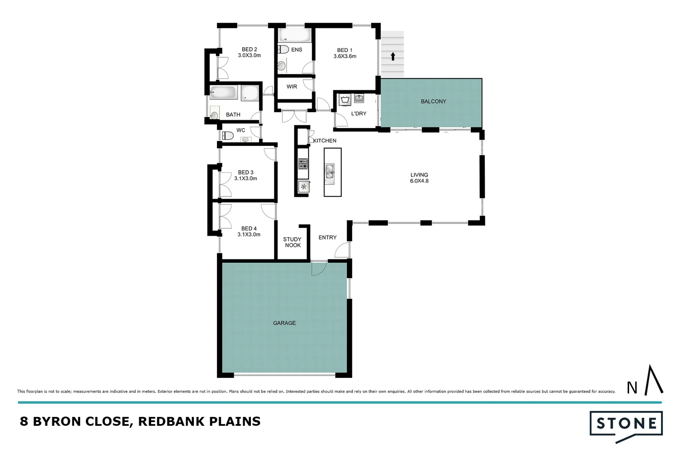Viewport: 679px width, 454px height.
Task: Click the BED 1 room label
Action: point(345,50)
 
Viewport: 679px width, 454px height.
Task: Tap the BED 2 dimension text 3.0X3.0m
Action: point(249,55)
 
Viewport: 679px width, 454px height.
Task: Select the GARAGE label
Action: point(285,323)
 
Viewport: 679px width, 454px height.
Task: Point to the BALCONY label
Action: point(434,101)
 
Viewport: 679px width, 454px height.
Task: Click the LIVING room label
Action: point(419,175)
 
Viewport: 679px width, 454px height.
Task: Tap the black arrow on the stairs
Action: point(393,56)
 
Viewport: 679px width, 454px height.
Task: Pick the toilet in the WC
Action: point(227,135)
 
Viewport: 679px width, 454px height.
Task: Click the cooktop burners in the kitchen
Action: point(303,163)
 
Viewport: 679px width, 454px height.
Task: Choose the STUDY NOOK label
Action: point(292,242)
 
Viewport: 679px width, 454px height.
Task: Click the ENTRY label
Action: point(327,238)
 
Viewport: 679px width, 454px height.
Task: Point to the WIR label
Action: point(292,87)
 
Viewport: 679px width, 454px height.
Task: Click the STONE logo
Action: point(626,424)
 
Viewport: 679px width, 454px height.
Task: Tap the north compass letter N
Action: point(632,388)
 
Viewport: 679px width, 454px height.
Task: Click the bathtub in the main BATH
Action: point(224,92)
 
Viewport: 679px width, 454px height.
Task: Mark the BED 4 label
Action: point(249,229)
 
